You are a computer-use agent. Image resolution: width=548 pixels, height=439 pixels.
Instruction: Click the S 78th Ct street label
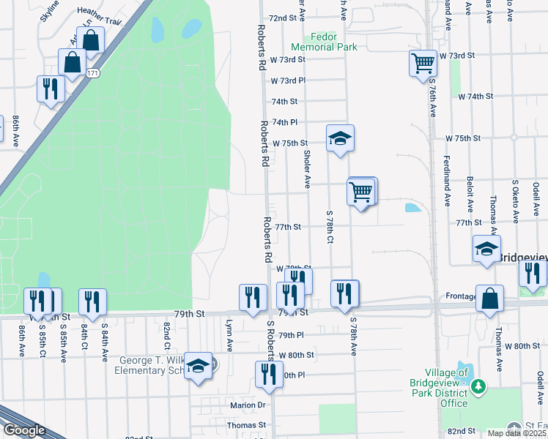tap(330, 227)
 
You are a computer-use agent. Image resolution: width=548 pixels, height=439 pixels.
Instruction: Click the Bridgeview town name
tap(522, 258)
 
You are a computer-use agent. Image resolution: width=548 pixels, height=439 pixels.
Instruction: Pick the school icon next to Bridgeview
tap(486, 249)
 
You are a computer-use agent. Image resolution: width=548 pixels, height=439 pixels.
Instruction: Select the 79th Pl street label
tap(291, 335)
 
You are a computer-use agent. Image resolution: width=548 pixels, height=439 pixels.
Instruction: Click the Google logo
tap(24, 430)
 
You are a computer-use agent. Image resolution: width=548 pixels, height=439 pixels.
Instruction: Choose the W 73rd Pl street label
tap(288, 80)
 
